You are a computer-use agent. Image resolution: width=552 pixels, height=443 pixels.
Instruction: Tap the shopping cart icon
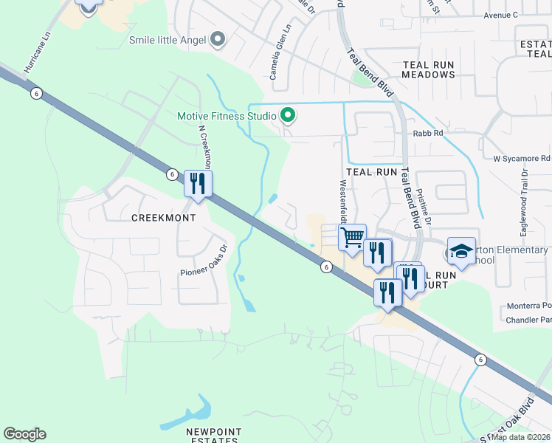352,238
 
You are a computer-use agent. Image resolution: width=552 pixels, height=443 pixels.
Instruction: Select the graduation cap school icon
461,251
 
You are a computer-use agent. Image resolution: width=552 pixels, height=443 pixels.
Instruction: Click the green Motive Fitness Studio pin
289,116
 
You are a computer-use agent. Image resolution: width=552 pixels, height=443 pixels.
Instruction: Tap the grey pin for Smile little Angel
217,39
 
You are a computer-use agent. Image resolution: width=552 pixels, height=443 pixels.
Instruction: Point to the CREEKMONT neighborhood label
163,219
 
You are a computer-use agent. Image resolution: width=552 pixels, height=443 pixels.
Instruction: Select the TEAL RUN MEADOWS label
429,69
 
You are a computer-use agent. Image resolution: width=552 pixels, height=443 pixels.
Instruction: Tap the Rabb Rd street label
428,134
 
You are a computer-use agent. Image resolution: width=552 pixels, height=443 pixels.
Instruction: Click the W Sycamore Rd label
521,158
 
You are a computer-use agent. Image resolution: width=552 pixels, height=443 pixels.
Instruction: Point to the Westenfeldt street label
342,203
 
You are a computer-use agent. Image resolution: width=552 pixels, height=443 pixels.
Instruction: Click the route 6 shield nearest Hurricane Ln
35,92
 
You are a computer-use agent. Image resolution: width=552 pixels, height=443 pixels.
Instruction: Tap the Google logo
24,434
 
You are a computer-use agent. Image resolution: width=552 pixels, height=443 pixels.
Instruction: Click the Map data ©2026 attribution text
520,437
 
